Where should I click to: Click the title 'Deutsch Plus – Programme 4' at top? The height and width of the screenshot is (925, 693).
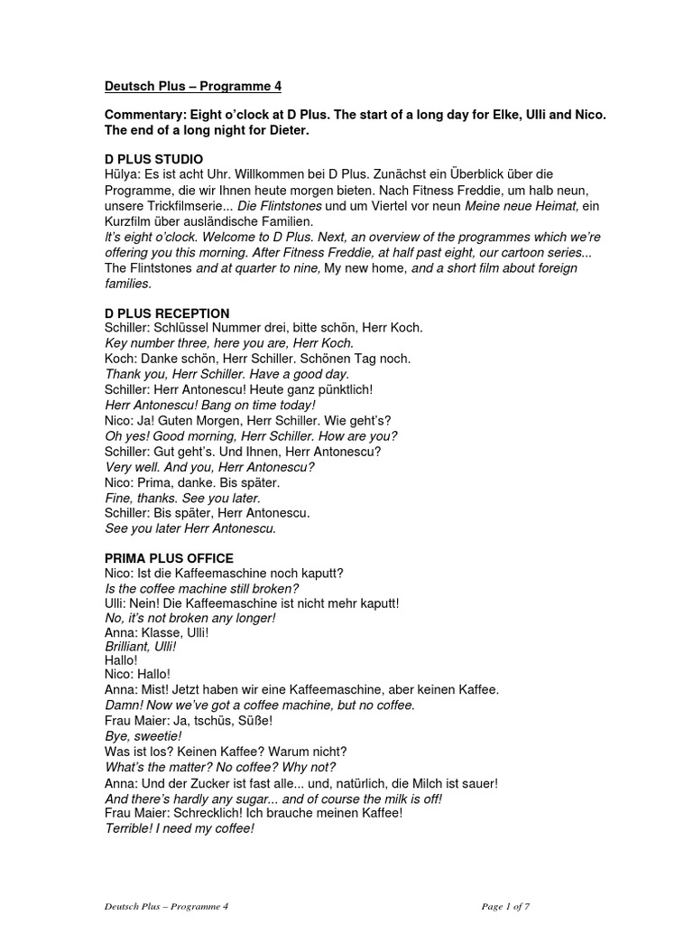tap(193, 87)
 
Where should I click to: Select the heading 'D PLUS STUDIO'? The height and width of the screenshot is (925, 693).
tap(152, 159)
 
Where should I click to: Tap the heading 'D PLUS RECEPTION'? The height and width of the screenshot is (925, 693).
tap(167, 313)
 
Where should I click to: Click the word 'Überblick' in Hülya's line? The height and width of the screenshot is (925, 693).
tap(483, 174)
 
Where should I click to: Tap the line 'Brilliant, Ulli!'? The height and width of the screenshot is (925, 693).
tap(141, 647)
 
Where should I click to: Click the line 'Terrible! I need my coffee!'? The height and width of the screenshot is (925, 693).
tap(180, 827)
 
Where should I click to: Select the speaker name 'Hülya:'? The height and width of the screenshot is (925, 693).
tap(125, 174)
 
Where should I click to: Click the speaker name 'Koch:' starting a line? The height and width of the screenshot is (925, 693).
tap(122, 359)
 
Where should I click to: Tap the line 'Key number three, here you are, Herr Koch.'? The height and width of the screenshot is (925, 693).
tap(229, 343)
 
